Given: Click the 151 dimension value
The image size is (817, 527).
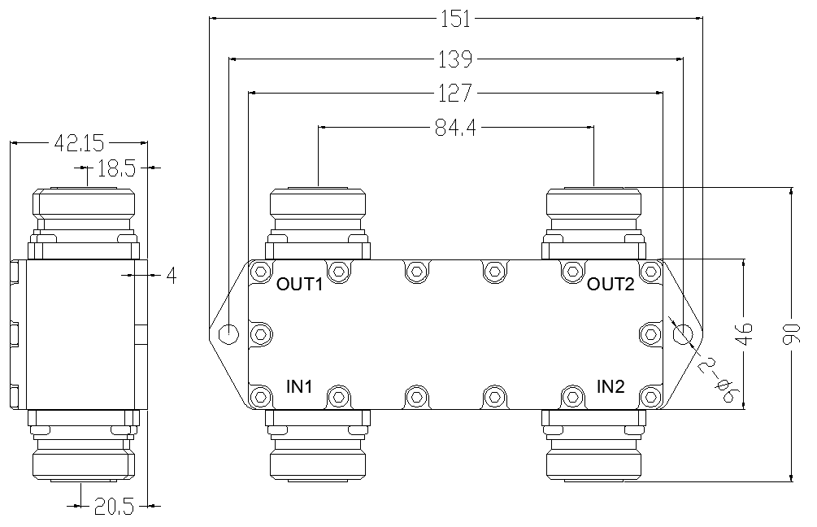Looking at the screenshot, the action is click(x=456, y=20).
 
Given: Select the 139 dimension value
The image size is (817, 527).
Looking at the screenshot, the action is click(x=455, y=59).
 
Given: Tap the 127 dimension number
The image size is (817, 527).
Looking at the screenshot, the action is click(x=455, y=94).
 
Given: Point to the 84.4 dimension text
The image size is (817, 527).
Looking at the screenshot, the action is click(x=455, y=127).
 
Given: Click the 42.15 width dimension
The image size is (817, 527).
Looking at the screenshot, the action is click(x=79, y=143).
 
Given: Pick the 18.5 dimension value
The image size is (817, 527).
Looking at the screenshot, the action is click(x=116, y=168).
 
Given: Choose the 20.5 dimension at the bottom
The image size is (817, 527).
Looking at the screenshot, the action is click(x=114, y=506).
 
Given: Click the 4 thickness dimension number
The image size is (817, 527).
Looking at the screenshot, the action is click(x=172, y=276).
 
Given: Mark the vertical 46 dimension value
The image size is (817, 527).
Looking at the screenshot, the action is click(x=746, y=334).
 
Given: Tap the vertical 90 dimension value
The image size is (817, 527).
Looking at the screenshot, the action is click(x=792, y=334).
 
